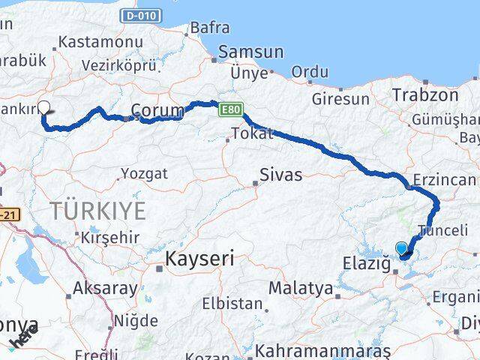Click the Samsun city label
point(250,52)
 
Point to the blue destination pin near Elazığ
point(402,249)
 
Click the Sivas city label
point(280,175)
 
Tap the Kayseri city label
point(199,259)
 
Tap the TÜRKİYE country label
point(99,211)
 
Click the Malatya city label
point(300,287)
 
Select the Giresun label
point(341,98)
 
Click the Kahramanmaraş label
point(323,350)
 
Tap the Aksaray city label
point(105,288)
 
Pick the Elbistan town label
point(234,304)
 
